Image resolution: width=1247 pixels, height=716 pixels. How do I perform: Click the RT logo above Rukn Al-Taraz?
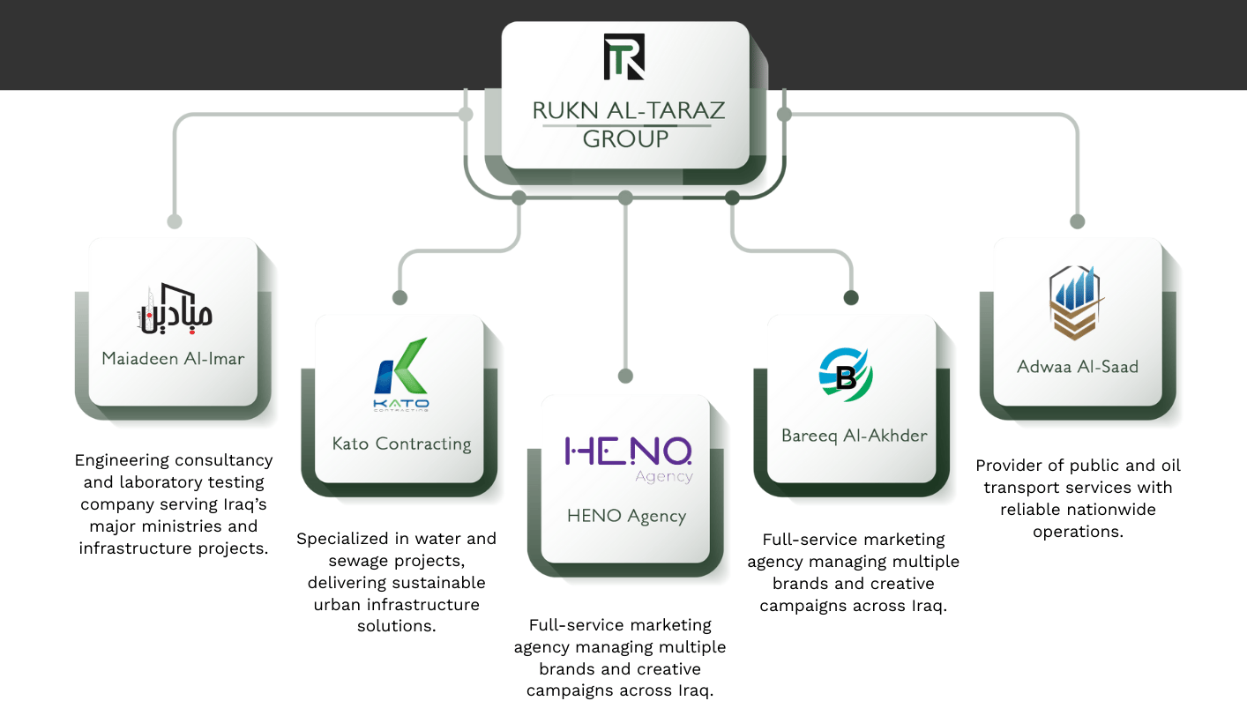624,57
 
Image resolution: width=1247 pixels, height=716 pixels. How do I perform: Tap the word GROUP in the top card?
626,138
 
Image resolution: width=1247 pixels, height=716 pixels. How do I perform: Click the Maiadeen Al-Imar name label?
173,359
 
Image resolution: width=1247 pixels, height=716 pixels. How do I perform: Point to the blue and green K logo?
400,369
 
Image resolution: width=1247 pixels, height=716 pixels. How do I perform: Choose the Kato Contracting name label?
401,444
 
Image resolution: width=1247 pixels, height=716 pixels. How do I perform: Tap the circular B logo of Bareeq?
846,376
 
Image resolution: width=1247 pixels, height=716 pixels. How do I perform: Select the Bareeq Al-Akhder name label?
854,436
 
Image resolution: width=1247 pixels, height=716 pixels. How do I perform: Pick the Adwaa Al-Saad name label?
1078,366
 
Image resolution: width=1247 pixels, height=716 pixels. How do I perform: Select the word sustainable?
437,583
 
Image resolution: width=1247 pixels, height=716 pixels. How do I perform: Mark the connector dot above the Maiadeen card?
175,221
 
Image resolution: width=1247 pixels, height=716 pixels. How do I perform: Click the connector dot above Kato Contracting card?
399,298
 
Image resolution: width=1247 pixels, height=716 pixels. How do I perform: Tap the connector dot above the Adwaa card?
1077,221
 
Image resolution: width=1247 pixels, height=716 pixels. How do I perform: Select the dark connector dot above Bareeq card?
851,298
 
